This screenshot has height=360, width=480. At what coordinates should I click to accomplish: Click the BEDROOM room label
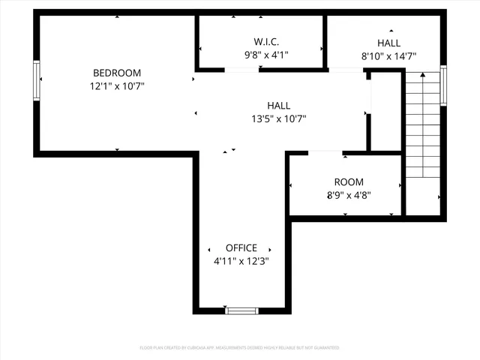point(117,73)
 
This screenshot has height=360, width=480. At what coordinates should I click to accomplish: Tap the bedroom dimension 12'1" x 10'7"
point(117,86)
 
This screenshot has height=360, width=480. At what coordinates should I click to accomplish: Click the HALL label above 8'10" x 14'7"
point(388,43)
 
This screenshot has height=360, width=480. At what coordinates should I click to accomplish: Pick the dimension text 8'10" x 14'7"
point(388,56)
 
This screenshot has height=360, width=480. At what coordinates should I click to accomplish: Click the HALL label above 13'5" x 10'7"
point(278,106)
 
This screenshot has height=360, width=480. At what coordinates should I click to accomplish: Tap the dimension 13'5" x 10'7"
point(278,118)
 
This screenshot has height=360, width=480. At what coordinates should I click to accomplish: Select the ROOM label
point(349,182)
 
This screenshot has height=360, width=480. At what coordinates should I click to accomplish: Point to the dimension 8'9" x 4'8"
point(349,195)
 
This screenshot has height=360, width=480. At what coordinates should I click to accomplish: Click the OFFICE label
point(241,248)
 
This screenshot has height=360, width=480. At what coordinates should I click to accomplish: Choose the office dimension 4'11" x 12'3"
point(241,261)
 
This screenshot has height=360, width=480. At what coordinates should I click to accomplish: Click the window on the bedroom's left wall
point(36,80)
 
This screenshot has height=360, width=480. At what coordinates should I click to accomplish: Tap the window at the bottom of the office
point(241,310)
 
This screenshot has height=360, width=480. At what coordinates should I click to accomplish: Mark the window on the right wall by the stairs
point(443,86)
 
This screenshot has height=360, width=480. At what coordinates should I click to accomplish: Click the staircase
point(421,124)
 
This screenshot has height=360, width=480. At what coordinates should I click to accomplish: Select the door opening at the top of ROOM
point(325,153)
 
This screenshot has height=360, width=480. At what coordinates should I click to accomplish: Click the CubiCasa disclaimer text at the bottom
point(240,348)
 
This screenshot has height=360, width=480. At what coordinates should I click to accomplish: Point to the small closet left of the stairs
point(386,111)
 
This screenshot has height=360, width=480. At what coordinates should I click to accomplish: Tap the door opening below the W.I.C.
point(241,70)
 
